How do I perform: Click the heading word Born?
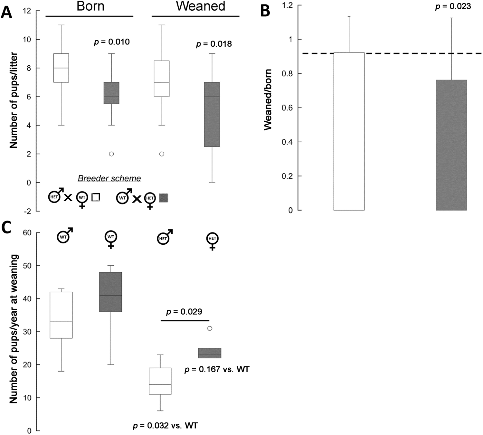90,6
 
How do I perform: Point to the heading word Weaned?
200,6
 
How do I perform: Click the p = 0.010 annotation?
112,42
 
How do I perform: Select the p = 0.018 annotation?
214,44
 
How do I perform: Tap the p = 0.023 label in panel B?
453,6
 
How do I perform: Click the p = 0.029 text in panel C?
184,312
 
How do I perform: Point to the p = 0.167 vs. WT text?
217,369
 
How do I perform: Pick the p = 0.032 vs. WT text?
165,426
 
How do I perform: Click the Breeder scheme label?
109,178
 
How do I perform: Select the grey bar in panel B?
451,145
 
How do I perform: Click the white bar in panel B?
349,131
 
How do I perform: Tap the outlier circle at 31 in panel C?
210,328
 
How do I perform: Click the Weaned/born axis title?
268,99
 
